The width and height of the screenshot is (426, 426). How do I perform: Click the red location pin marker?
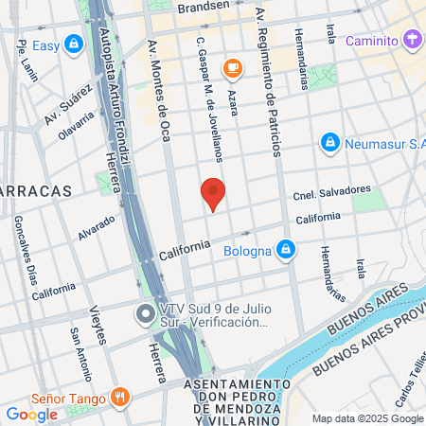pyautogui.click(x=213, y=194)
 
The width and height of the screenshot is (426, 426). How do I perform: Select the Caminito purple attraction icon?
pyautogui.click(x=410, y=41)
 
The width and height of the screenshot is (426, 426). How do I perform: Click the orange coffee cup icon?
pyautogui.click(x=230, y=67)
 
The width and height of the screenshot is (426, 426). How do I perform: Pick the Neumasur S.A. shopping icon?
pyautogui.click(x=329, y=142)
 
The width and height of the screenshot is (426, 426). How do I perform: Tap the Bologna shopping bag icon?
pyautogui.click(x=287, y=251)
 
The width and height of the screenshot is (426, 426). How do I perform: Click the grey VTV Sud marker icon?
pyautogui.click(x=145, y=313)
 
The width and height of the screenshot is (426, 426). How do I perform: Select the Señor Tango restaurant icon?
pyautogui.click(x=119, y=398)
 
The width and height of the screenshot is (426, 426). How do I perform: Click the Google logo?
pyautogui.click(x=31, y=414)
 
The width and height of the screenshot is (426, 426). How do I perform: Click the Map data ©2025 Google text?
pyautogui.click(x=368, y=418)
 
